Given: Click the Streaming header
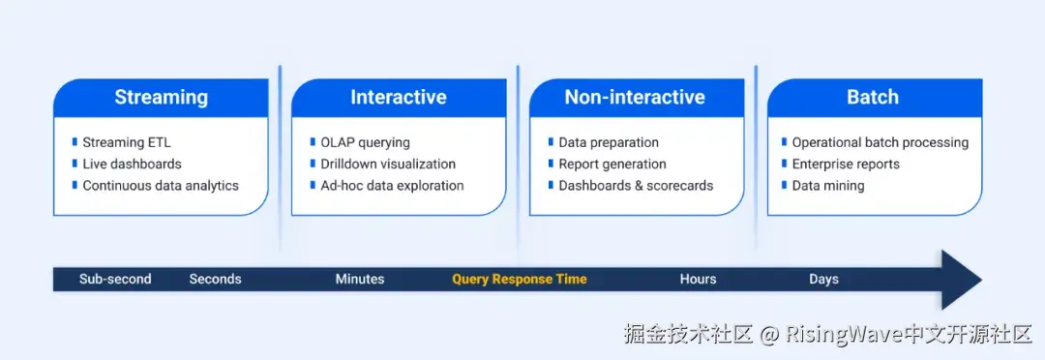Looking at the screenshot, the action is [x=162, y=98].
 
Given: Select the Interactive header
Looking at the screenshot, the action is [x=399, y=98].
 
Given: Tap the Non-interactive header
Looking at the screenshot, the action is [x=635, y=98].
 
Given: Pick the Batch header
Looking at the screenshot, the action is [x=873, y=98].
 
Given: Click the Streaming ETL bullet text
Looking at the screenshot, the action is [x=127, y=142].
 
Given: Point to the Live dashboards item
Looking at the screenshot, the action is [x=132, y=164].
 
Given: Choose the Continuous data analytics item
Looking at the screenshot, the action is [x=161, y=186].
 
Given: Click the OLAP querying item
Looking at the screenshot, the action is [x=365, y=142].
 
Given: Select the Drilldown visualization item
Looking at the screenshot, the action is [x=388, y=164].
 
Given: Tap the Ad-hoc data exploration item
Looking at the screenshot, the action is [x=392, y=186].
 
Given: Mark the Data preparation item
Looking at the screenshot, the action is [x=609, y=142].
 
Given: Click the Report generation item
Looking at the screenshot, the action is [x=612, y=164].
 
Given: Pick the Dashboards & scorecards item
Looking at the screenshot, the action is [x=636, y=186].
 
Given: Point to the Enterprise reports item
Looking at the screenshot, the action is [x=846, y=164].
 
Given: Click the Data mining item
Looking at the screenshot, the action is [x=827, y=186].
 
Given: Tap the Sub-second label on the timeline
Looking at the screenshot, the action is [x=115, y=280].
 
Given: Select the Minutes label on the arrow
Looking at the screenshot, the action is [x=360, y=280].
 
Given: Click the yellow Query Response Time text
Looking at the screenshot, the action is [x=520, y=280].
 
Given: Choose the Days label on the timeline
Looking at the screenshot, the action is [x=823, y=280].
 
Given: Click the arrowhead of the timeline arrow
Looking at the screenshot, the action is [x=960, y=280].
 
